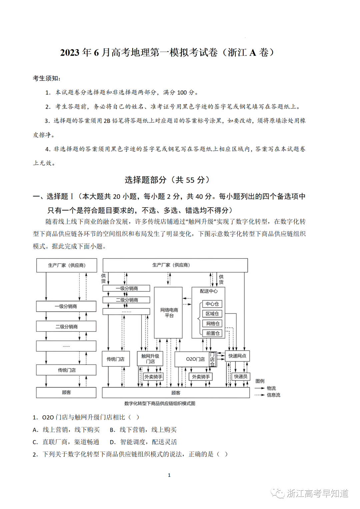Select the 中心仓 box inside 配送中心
click(x=212, y=304)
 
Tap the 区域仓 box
click(x=212, y=314)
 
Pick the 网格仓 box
click(x=212, y=323)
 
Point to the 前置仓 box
click(x=212, y=333)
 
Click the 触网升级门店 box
click(x=150, y=359)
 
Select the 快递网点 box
click(x=237, y=356)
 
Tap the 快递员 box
click(x=240, y=376)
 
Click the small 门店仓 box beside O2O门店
click(x=212, y=359)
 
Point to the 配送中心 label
click(x=209, y=291)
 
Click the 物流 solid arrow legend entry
click(x=266, y=388)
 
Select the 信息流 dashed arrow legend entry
click(x=267, y=395)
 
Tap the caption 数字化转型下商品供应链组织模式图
click(x=160, y=403)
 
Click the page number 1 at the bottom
click(x=169, y=475)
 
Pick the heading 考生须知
click(x=47, y=78)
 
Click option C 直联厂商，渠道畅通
click(x=66, y=442)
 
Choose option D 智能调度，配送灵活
click(x=144, y=442)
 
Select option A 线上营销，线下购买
click(x=66, y=430)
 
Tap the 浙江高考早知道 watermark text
click(x=317, y=493)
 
